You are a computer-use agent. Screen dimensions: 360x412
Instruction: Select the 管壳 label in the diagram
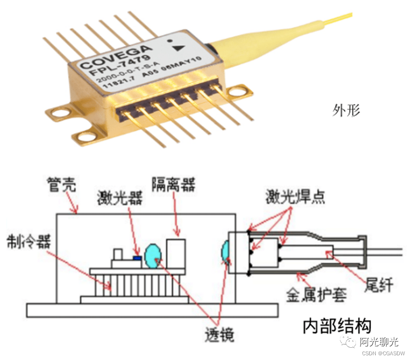62,185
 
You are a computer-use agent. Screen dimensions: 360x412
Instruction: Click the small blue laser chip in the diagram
137,258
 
